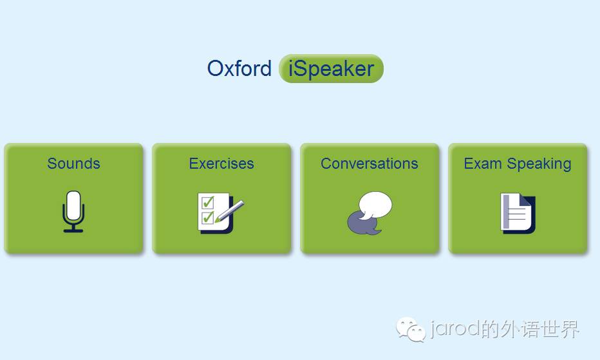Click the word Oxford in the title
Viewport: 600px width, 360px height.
click(x=239, y=68)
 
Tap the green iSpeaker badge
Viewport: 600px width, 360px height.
click(x=332, y=68)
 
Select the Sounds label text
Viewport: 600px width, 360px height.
click(x=74, y=164)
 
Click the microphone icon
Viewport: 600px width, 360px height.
click(x=73, y=211)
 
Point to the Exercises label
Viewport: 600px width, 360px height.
click(x=221, y=164)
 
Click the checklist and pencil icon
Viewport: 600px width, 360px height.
click(x=221, y=213)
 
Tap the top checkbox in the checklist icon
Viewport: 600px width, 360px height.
click(x=208, y=202)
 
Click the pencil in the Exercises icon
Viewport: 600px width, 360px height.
click(x=230, y=211)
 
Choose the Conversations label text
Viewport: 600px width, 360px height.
click(x=370, y=164)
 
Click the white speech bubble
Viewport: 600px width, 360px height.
click(x=376, y=205)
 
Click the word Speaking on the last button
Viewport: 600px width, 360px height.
click(x=539, y=164)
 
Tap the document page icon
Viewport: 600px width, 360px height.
click(x=518, y=213)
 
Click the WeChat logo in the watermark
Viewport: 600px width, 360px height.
click(x=411, y=329)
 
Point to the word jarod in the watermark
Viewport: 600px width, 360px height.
click(x=455, y=328)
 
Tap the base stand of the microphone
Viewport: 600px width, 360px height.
click(x=73, y=231)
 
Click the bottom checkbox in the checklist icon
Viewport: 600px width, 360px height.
click(x=208, y=218)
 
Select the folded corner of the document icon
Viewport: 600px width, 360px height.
click(x=525, y=200)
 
